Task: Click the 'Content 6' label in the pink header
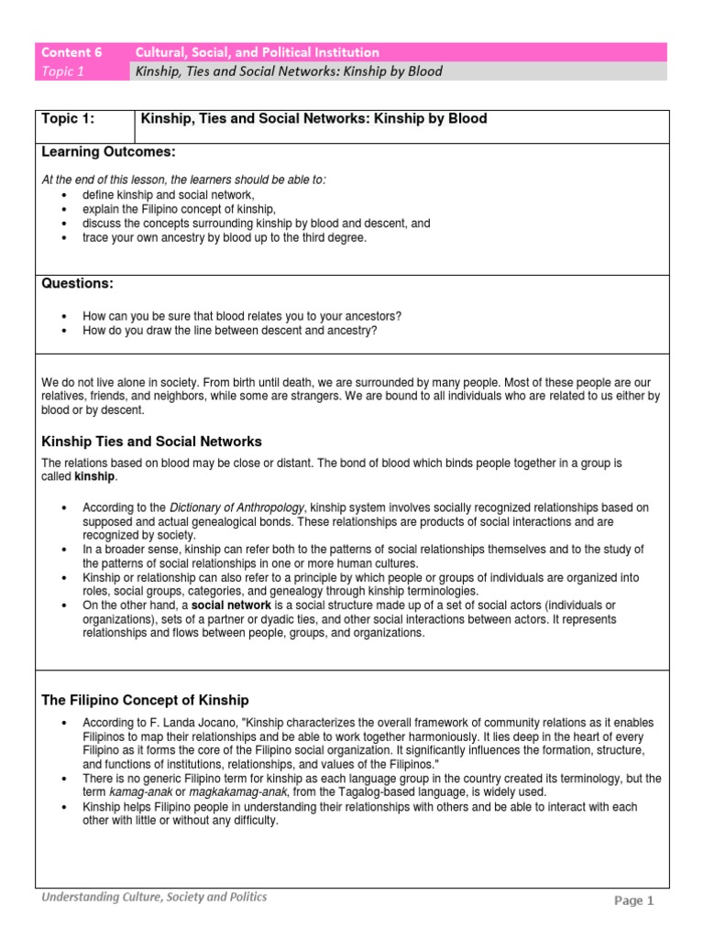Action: [70, 52]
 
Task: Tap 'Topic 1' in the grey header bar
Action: [60, 72]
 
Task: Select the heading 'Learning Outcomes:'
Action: [108, 151]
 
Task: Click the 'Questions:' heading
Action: [78, 284]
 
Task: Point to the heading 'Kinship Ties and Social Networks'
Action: [151, 442]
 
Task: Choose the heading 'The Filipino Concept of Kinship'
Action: [145, 700]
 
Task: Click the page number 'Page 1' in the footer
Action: [634, 900]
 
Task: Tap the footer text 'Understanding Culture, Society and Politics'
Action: [154, 897]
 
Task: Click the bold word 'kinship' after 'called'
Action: [96, 477]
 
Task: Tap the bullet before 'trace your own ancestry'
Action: [63, 237]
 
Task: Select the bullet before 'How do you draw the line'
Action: [63, 331]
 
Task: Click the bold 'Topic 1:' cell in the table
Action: [69, 119]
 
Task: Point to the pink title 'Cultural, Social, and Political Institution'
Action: [258, 52]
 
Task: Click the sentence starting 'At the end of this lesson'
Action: [183, 180]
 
